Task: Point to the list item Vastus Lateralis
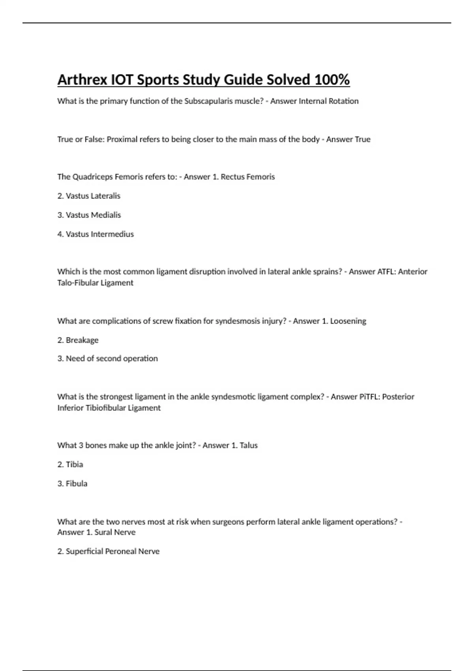point(93,196)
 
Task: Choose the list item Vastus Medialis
point(93,215)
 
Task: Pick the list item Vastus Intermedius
point(100,234)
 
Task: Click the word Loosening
point(348,321)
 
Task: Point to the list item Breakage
point(82,340)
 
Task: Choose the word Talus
point(248,446)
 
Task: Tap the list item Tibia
point(74,465)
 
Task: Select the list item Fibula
point(76,484)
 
